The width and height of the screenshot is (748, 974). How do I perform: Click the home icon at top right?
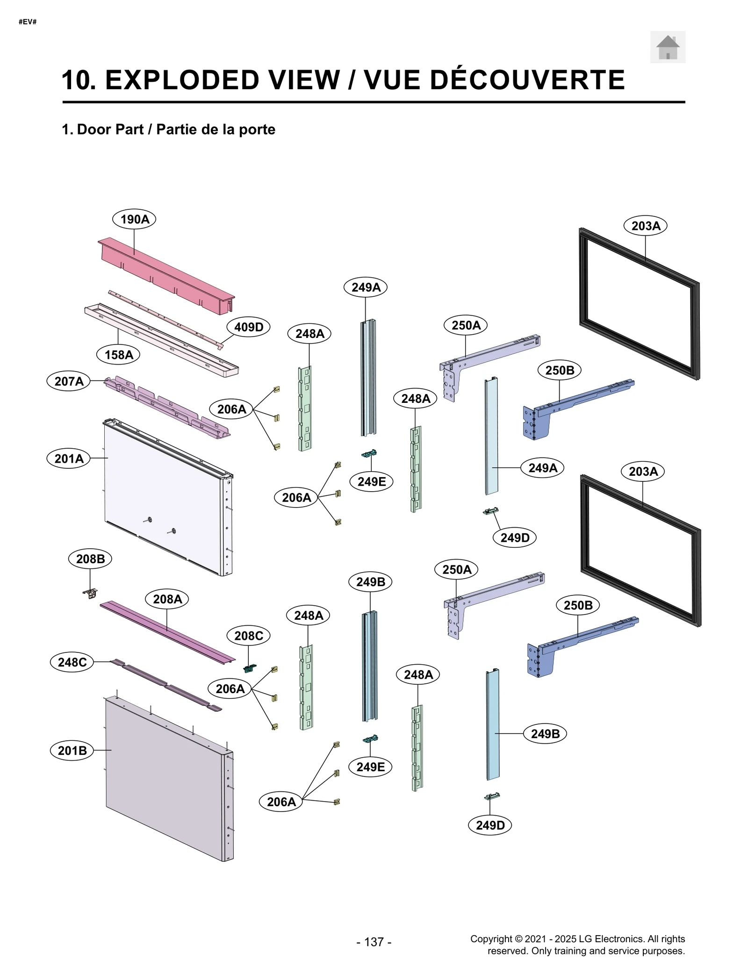668,47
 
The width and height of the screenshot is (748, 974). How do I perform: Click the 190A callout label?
135,219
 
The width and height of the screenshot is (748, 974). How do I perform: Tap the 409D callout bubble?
249,327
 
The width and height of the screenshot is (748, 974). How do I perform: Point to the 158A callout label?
119,355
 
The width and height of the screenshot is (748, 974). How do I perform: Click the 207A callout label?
69,381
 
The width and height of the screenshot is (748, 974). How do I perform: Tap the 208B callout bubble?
90,559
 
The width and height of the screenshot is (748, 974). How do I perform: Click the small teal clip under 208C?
250,668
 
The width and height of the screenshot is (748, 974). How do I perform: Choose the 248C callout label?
72,662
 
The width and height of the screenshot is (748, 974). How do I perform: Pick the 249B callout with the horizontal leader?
545,734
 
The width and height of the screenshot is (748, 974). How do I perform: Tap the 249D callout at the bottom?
490,825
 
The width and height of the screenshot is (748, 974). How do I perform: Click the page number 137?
374,942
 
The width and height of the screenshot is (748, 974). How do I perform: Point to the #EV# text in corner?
28,22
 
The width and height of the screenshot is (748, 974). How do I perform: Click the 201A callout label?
69,458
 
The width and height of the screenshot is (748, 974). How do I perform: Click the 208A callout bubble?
167,599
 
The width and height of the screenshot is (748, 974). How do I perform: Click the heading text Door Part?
110,129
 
